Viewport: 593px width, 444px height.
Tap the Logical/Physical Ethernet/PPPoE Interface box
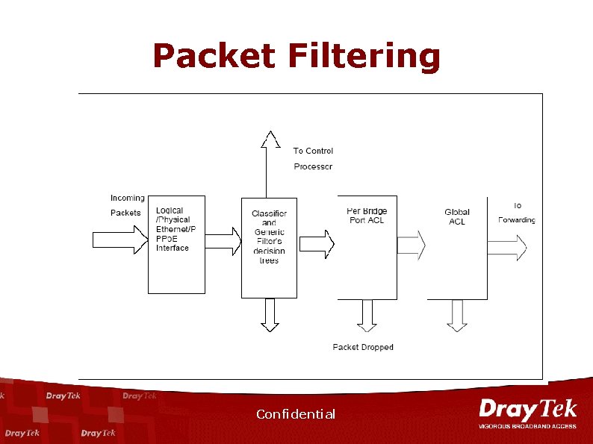pyautogui.click(x=176, y=243)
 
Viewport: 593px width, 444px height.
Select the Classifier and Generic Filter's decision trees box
pyautogui.click(x=269, y=247)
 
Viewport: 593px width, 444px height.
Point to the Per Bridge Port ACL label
pyautogui.click(x=367, y=216)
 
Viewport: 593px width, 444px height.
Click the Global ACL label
pyautogui.click(x=457, y=216)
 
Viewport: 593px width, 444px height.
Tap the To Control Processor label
pyautogui.click(x=313, y=158)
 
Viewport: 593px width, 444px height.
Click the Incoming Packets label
pyautogui.click(x=127, y=204)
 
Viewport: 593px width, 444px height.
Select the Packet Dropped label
pyautogui.click(x=363, y=347)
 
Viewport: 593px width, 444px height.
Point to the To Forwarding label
pyautogui.click(x=517, y=213)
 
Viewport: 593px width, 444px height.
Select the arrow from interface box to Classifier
pyautogui.click(x=223, y=240)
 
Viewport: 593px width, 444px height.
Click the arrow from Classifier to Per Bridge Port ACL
pyautogui.click(x=317, y=243)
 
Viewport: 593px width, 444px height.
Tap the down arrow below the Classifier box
pyautogui.click(x=270, y=314)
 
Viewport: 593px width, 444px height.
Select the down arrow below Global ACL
pyautogui.click(x=457, y=315)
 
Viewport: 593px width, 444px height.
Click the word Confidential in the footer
pyautogui.click(x=296, y=414)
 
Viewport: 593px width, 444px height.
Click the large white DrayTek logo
pyautogui.click(x=528, y=410)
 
